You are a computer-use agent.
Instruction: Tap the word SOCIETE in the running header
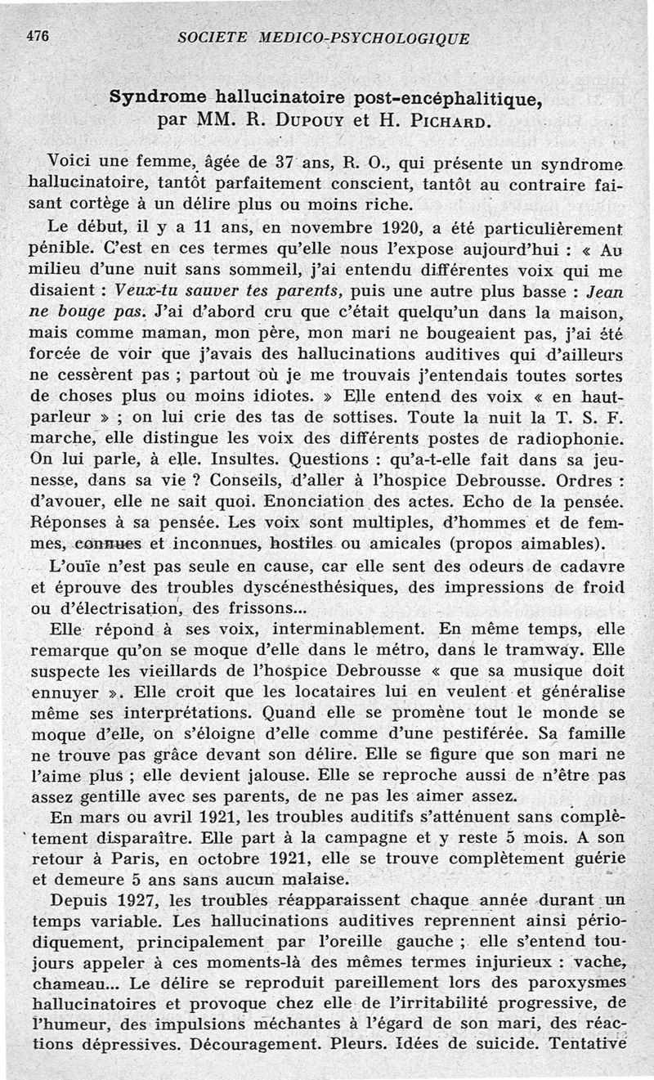[x=213, y=38]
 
